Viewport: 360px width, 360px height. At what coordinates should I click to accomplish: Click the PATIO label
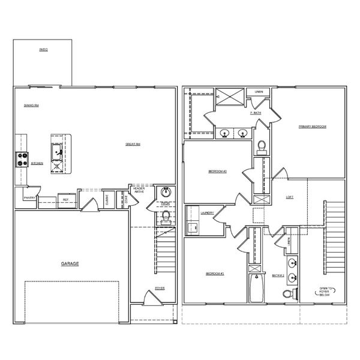(x=43, y=49)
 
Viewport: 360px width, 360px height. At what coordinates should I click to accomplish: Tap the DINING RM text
(x=32, y=106)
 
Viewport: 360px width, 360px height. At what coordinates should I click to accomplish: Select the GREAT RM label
(x=133, y=144)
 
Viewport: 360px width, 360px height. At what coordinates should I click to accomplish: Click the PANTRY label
(x=28, y=197)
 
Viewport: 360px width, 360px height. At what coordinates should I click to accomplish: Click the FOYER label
(x=160, y=289)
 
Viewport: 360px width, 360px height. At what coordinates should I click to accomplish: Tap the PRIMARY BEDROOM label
(x=313, y=127)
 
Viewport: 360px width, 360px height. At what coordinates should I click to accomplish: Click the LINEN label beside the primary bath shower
(x=259, y=92)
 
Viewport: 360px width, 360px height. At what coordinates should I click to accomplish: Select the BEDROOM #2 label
(x=217, y=172)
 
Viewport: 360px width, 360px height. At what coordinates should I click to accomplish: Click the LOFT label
(x=289, y=197)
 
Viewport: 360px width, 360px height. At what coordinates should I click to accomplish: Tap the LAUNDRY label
(x=208, y=212)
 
